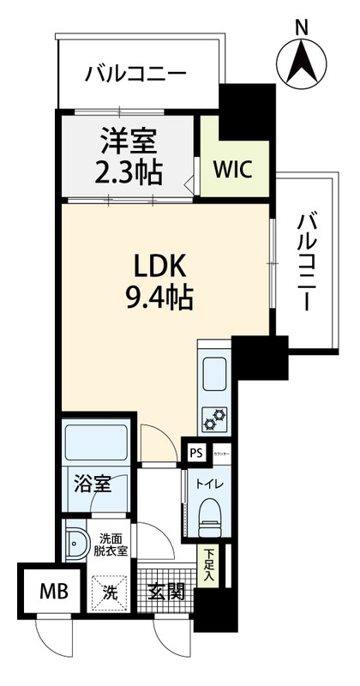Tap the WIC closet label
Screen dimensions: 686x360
pyautogui.click(x=233, y=169)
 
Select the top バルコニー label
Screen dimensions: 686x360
pyautogui.click(x=135, y=75)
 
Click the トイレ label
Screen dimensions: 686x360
pyautogui.click(x=208, y=484)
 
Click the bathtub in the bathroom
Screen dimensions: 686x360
pyautogui.click(x=96, y=442)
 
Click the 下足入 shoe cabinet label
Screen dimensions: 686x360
pyautogui.click(x=208, y=566)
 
